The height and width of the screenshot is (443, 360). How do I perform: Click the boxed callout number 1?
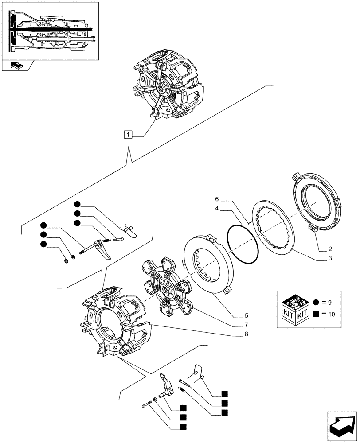pos(128,135)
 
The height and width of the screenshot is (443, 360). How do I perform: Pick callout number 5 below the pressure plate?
pos(246,316)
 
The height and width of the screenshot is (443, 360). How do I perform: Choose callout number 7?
pos(246,325)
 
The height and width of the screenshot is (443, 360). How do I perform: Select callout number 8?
pos(246,334)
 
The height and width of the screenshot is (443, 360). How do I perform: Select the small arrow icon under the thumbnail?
pos(17,66)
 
